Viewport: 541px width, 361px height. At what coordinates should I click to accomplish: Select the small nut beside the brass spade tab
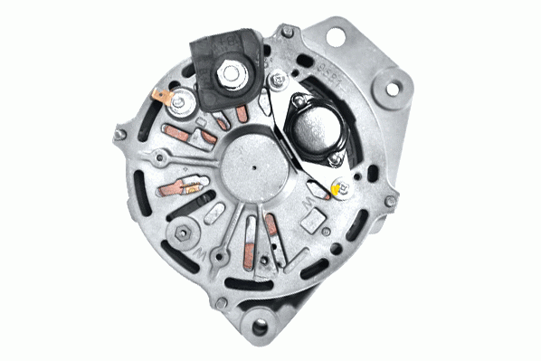click(x=180, y=102)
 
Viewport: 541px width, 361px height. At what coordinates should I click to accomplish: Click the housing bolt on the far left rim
click(x=119, y=136)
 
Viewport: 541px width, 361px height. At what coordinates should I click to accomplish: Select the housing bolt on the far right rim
click(x=390, y=202)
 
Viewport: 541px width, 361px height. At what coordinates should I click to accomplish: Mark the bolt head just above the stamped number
click(x=287, y=33)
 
